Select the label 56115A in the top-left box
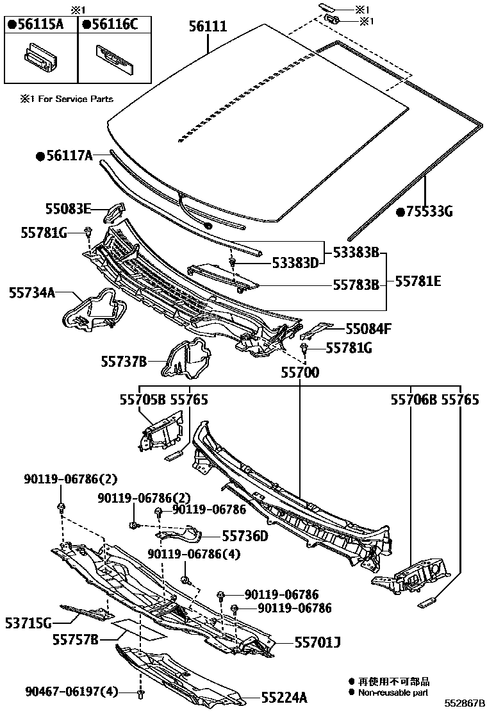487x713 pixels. (x=40, y=25)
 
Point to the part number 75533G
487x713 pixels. (x=428, y=212)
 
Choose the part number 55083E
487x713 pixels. (x=68, y=208)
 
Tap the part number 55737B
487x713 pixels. (x=124, y=362)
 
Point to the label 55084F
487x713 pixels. (x=368, y=330)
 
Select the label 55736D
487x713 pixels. (x=245, y=535)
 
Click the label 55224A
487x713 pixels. (x=284, y=697)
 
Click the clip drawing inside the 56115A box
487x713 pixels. (x=39, y=57)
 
